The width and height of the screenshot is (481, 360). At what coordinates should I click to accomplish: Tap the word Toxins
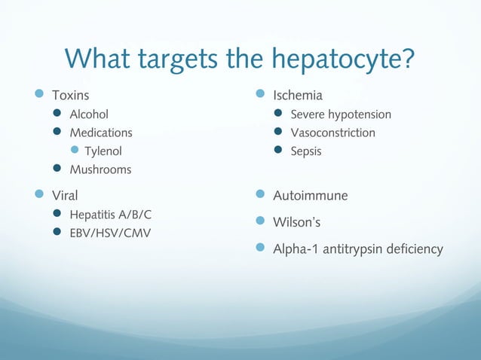pyautogui.click(x=70, y=96)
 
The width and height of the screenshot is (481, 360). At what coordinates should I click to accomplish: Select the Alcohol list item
pyautogui.click(x=89, y=114)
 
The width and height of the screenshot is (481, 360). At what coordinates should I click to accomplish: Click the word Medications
pyautogui.click(x=101, y=133)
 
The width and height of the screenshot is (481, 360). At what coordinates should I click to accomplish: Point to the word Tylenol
pyautogui.click(x=103, y=151)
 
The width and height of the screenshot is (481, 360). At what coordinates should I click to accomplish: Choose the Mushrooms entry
pyautogui.click(x=100, y=169)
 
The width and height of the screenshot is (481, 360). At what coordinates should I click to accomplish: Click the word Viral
pyautogui.click(x=64, y=196)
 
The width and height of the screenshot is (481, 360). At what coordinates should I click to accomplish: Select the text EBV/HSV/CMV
pyautogui.click(x=110, y=233)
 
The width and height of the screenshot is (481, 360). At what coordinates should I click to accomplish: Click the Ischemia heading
pyautogui.click(x=298, y=96)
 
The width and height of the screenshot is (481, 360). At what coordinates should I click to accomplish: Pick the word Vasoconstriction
pyautogui.click(x=332, y=133)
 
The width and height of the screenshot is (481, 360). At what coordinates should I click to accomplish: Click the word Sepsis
pyautogui.click(x=306, y=151)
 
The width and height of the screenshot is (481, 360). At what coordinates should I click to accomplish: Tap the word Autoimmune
pyautogui.click(x=310, y=196)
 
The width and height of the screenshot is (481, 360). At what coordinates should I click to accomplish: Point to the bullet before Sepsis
pyautogui.click(x=277, y=151)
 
